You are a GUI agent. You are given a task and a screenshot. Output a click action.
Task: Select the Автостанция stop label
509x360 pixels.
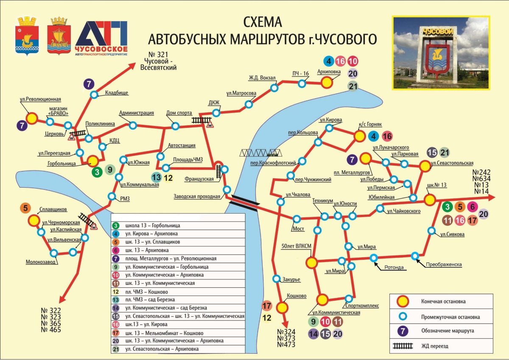(x=182, y=145)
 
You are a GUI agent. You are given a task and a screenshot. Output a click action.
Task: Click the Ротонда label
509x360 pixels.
(x=394, y=267)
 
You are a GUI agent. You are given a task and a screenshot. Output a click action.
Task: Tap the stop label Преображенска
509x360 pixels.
(x=444, y=264)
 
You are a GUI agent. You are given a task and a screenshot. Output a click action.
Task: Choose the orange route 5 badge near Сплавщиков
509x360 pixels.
(x=25, y=208)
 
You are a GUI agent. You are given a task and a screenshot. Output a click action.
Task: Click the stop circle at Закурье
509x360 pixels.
(x=276, y=280)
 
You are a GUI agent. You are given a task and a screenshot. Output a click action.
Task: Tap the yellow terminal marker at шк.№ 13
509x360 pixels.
(x=429, y=200)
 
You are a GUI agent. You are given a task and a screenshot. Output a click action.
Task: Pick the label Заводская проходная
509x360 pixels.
(x=197, y=197)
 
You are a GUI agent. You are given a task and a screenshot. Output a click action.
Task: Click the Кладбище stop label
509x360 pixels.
(x=116, y=93)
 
